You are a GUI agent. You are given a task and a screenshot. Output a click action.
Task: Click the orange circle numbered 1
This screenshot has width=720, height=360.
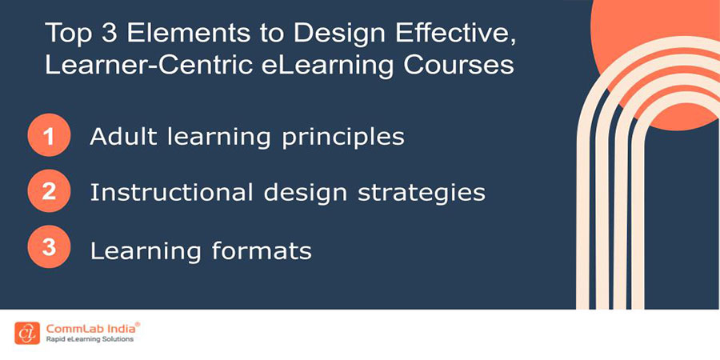tap(48, 136)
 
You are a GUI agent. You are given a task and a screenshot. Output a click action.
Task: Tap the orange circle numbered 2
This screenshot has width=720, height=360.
tap(48, 192)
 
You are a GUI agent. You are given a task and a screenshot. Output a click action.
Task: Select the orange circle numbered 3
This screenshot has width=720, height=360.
tap(48, 249)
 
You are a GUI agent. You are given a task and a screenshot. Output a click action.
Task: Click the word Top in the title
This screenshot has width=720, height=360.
tap(66, 34)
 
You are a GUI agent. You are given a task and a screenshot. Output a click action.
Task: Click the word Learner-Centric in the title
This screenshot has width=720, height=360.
tap(130, 65)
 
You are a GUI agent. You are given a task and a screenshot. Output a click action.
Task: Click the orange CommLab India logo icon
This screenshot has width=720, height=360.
tap(26, 331)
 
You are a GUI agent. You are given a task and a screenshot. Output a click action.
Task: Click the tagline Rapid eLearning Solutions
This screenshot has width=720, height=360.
tap(89, 340)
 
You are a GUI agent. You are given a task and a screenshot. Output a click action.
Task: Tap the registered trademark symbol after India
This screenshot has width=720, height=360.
tap(138, 323)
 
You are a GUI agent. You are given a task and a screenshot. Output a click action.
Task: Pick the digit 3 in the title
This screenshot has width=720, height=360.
tap(102, 34)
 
